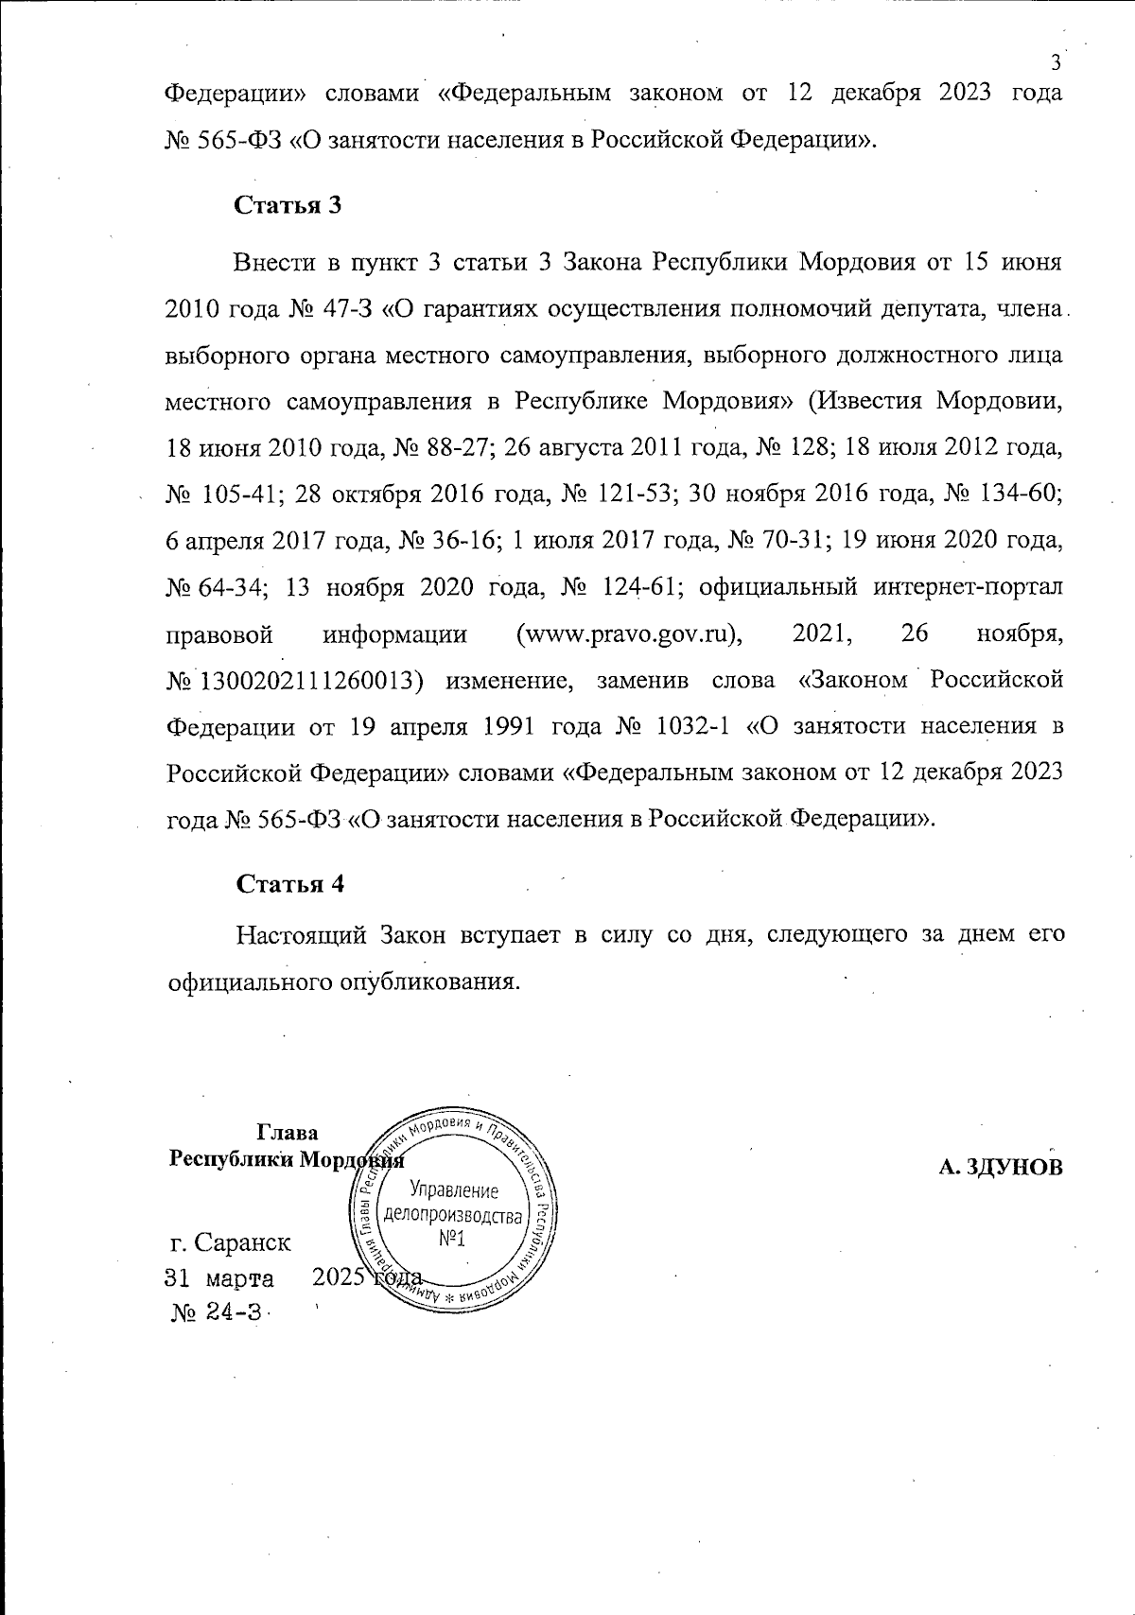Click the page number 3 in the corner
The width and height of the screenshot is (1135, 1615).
(x=1056, y=62)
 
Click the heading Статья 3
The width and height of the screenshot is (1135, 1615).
(x=287, y=206)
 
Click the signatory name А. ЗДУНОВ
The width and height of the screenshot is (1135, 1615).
(x=1001, y=1167)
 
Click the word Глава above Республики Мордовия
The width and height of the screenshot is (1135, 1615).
(x=287, y=1133)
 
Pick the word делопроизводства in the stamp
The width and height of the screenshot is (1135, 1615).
(x=453, y=1215)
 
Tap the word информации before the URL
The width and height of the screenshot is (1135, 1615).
(x=395, y=634)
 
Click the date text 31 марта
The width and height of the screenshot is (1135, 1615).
(x=219, y=1278)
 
